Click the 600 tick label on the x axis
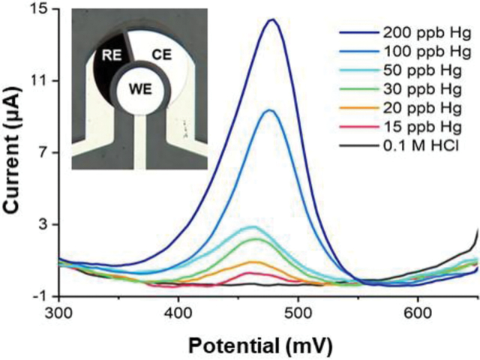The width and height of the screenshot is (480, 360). click(417, 310)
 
